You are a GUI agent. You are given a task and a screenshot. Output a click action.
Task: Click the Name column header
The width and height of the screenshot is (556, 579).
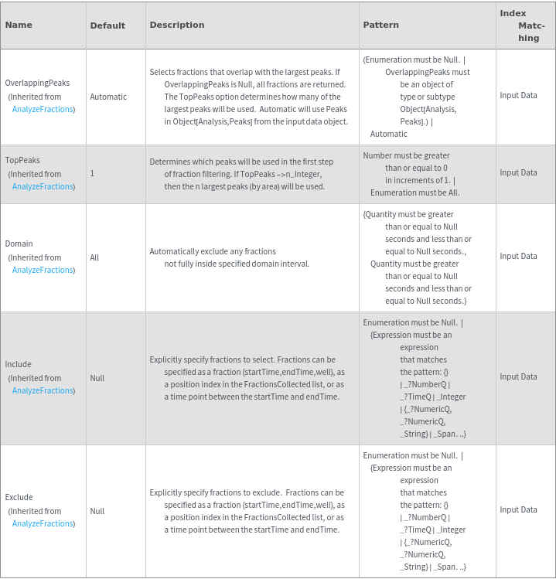click(19, 25)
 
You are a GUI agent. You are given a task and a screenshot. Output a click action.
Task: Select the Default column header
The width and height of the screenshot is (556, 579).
click(107, 26)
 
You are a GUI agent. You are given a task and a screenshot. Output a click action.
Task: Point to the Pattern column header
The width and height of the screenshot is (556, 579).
click(380, 25)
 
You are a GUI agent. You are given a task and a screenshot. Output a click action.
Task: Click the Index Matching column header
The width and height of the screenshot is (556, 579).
click(524, 26)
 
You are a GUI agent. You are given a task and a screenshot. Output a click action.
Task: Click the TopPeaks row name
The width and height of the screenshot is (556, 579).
click(22, 160)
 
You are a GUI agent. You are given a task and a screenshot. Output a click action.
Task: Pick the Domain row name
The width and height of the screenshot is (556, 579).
click(19, 244)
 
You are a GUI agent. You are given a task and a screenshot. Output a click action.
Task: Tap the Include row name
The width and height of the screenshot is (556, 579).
click(19, 364)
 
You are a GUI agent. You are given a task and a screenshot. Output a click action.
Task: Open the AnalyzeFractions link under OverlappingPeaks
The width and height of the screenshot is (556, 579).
click(43, 109)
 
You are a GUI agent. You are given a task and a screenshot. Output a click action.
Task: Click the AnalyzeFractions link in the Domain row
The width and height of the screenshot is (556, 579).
click(43, 270)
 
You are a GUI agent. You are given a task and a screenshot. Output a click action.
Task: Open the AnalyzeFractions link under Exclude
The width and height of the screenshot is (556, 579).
click(43, 523)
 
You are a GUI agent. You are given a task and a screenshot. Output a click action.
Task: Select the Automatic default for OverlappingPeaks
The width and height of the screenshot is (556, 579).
click(108, 97)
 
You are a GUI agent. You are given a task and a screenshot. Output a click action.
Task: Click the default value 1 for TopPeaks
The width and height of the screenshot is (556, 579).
click(92, 173)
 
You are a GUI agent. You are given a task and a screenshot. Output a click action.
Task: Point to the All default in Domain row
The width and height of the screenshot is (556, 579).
click(94, 257)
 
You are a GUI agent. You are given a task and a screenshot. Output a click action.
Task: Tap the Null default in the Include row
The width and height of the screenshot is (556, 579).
click(97, 378)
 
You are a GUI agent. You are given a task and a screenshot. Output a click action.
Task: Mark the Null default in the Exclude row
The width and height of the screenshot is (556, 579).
click(97, 511)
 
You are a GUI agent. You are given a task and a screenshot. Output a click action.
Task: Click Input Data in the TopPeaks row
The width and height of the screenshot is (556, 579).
click(518, 172)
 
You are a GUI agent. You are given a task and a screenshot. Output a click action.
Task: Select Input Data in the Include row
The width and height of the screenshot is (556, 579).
click(518, 376)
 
